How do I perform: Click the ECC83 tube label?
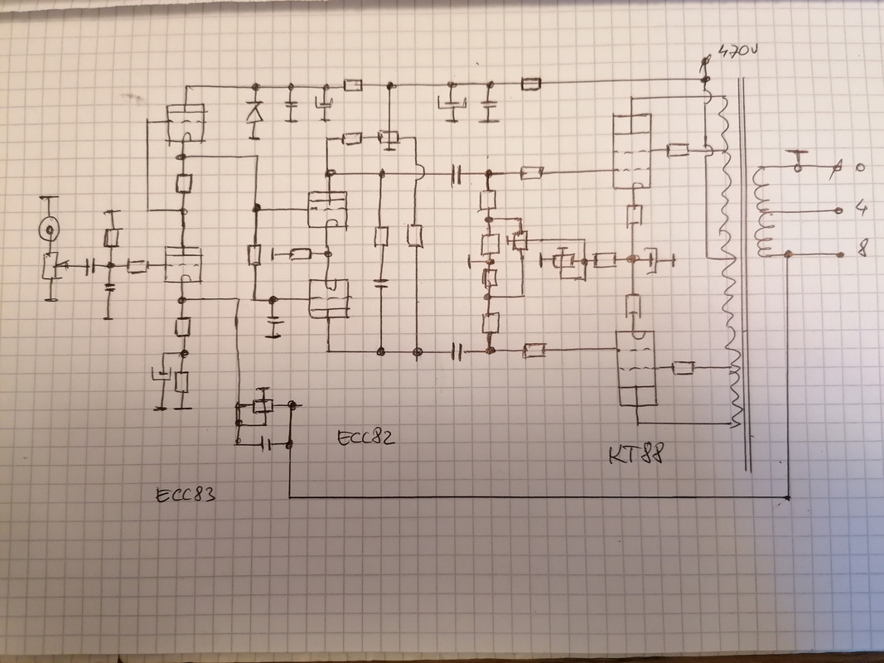click(186, 495)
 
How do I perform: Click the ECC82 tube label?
click(366, 438)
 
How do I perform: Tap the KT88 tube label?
click(636, 453)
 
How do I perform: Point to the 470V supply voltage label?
click(738, 51)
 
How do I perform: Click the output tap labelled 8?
click(862, 248)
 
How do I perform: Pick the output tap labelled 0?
click(860, 167)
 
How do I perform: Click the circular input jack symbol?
click(49, 230)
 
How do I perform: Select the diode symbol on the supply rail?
click(255, 113)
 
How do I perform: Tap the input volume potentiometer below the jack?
click(51, 266)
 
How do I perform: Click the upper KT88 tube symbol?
click(632, 151)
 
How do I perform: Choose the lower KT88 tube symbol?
click(637, 368)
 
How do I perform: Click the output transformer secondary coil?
click(762, 212)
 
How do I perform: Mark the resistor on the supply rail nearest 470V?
click(530, 84)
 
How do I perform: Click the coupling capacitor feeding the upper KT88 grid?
click(456, 175)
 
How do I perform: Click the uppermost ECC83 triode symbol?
click(186, 123)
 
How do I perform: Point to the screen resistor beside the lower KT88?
click(683, 368)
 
